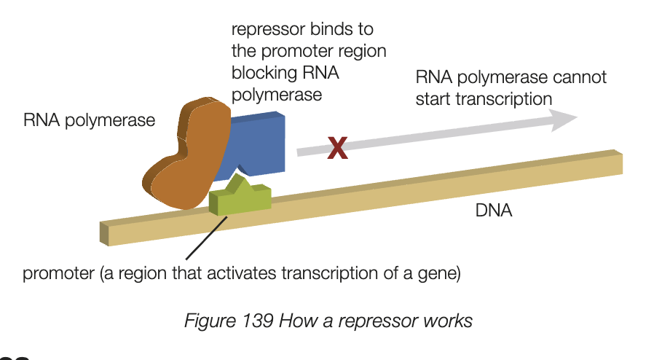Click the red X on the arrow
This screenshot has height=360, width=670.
pyautogui.click(x=336, y=148)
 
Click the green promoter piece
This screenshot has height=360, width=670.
pyautogui.click(x=240, y=199)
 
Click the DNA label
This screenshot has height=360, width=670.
pyautogui.click(x=494, y=211)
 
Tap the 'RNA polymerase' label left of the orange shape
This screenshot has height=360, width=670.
pyautogui.click(x=89, y=120)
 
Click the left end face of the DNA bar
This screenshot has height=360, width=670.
pyautogui.click(x=103, y=234)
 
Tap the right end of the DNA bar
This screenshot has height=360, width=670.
pyautogui.click(x=619, y=163)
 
